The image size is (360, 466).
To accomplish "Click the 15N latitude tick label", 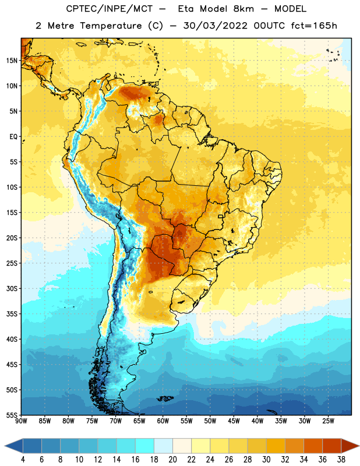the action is [12, 61].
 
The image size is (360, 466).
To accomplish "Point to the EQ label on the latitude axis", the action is [13, 137].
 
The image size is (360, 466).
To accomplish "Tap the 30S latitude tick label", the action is [12, 288].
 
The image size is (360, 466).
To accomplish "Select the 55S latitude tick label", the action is [12, 415].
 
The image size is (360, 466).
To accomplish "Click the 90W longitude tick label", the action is [21, 421].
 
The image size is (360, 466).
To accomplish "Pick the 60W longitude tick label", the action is [163, 421].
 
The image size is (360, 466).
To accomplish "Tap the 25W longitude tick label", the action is [328, 421].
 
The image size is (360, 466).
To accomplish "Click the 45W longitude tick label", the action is [234, 421].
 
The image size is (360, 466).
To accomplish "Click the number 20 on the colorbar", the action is [172, 460].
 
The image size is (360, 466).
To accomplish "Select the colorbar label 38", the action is [341, 460].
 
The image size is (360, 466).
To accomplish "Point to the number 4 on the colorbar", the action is [23, 460].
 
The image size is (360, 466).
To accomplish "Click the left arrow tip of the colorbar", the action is [5, 446].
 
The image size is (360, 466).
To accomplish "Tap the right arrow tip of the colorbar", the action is [359, 446].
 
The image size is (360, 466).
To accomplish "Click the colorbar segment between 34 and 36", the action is [313, 446].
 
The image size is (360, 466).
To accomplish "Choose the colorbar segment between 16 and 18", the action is [144, 446].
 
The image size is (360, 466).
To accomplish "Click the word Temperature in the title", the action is [111, 26].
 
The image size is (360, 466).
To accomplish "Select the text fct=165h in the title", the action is [314, 26].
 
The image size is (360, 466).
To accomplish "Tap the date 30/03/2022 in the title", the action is [215, 26].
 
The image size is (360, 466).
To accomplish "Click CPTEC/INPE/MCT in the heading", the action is [110, 9].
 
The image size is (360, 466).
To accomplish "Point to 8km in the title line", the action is [243, 9].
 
